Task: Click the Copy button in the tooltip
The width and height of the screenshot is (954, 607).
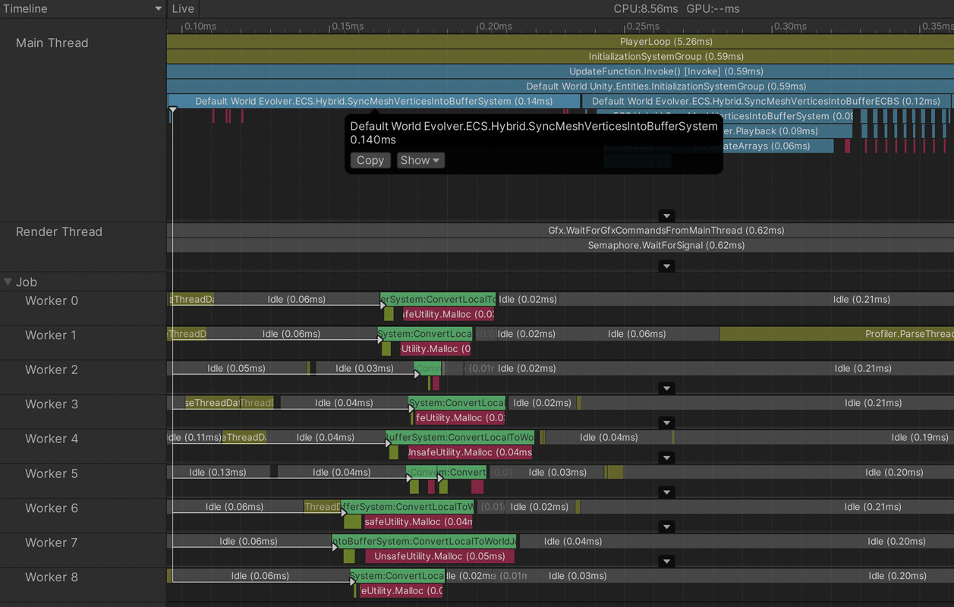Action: point(370,160)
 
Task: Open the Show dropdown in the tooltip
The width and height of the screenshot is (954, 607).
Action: point(420,160)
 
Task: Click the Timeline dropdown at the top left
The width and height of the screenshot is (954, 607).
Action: point(83,8)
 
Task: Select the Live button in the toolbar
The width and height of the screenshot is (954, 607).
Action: point(183,8)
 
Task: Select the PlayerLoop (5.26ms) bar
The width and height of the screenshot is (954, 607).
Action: point(560,42)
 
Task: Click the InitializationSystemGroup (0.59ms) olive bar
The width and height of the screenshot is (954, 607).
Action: point(560,57)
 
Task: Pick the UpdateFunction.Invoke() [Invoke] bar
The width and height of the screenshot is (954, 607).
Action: point(560,71)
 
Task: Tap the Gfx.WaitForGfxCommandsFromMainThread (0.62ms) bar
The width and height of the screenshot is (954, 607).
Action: point(560,230)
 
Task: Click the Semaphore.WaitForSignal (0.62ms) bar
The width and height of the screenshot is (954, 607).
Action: point(560,245)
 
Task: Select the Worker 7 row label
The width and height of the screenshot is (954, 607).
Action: point(51,543)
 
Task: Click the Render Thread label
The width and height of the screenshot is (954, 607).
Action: point(58,231)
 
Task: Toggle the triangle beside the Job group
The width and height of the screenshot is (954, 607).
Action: point(8,281)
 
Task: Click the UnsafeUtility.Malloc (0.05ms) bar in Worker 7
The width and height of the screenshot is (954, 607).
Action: point(439,556)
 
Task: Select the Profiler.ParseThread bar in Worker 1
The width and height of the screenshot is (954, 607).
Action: point(835,334)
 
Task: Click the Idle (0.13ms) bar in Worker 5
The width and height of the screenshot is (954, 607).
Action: point(218,472)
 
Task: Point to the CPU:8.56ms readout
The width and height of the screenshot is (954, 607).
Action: point(645,8)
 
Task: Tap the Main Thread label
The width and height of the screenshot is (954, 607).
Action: point(52,42)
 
